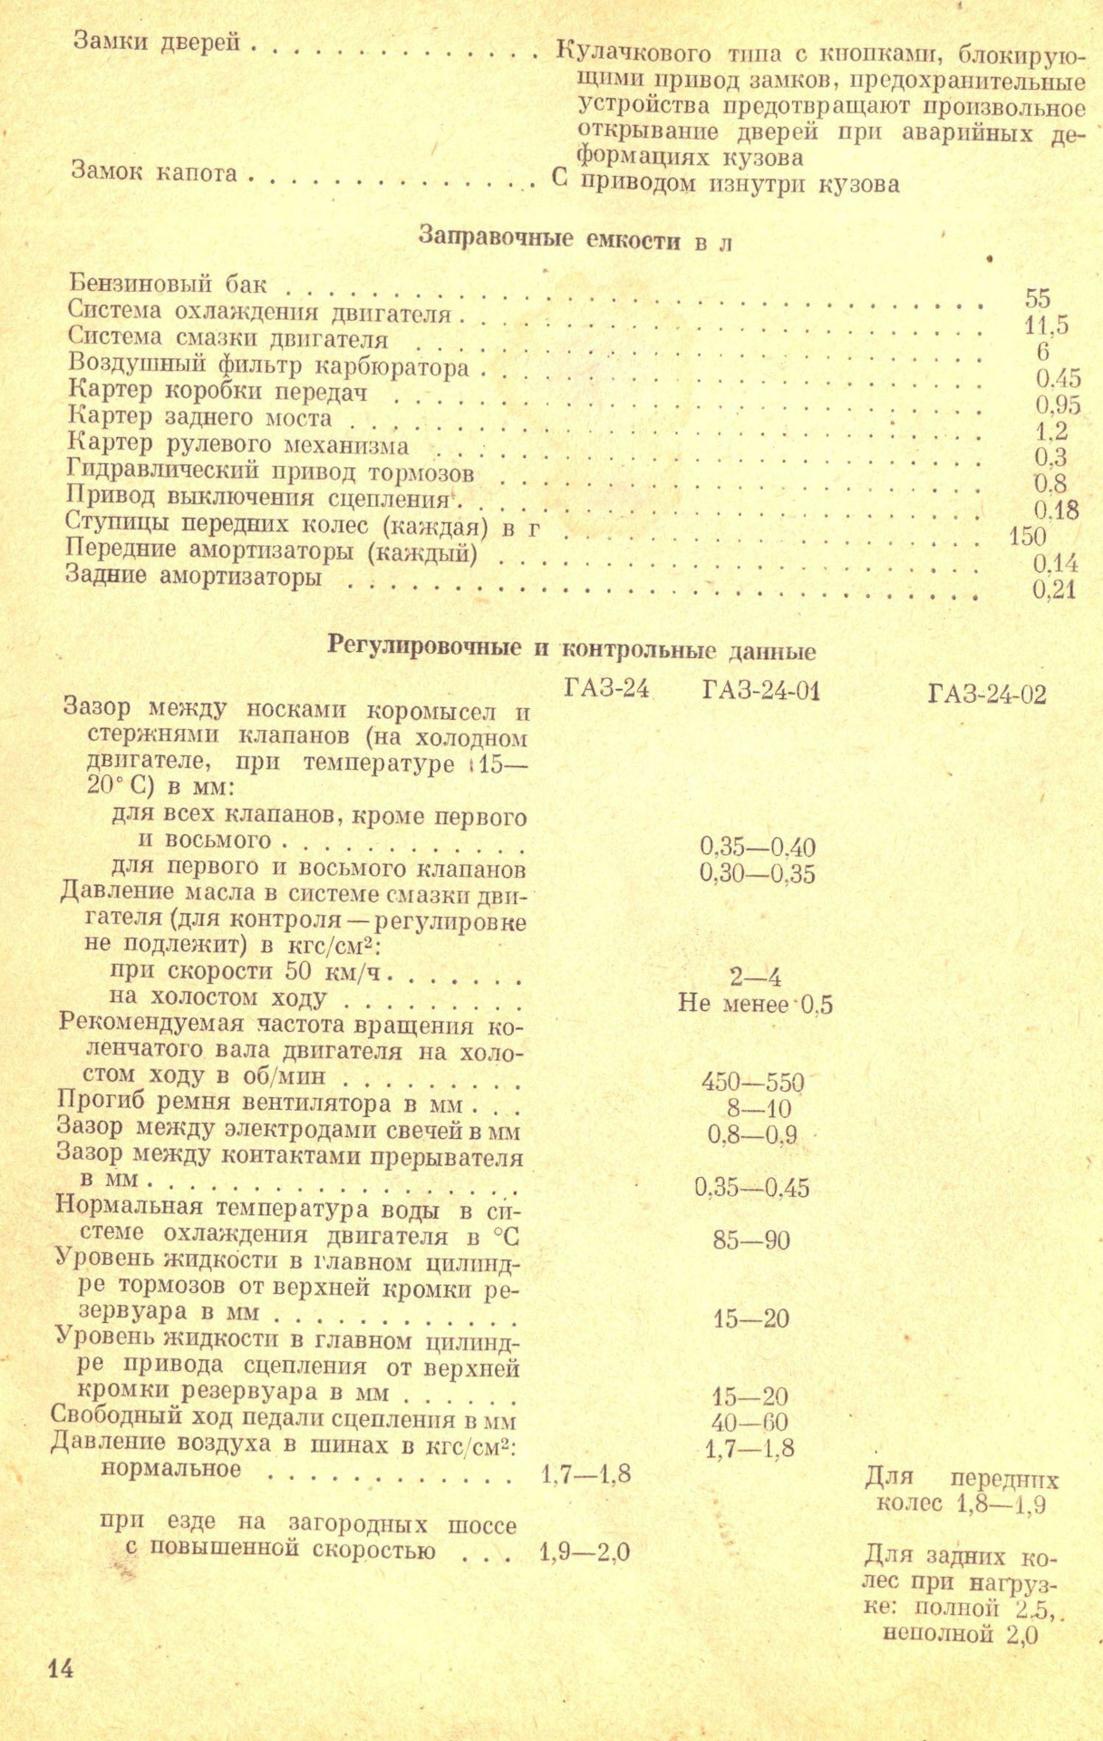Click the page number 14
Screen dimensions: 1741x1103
click(x=61, y=1668)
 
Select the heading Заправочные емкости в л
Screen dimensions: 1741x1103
click(x=575, y=239)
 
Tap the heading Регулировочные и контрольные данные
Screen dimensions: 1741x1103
click(x=571, y=649)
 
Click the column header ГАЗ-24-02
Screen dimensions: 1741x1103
click(x=987, y=695)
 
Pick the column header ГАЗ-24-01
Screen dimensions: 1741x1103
click(x=760, y=692)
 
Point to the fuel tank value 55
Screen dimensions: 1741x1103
click(x=1038, y=297)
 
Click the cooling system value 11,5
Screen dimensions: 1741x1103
click(x=1046, y=324)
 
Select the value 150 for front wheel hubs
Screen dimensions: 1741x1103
click(x=1027, y=536)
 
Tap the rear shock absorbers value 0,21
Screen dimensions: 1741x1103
click(x=1054, y=591)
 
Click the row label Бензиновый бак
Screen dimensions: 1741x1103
click(x=168, y=284)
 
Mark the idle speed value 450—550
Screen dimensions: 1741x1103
click(x=752, y=1082)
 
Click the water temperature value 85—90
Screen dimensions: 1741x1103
click(x=751, y=1240)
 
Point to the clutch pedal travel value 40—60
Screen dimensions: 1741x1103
click(x=750, y=1423)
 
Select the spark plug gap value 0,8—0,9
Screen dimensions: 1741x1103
click(x=752, y=1135)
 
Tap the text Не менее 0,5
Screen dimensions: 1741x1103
click(x=755, y=1004)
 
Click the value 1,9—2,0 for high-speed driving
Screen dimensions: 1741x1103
click(x=585, y=1553)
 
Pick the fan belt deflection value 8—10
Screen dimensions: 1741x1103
click(x=758, y=1109)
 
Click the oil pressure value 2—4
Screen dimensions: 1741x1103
click(x=755, y=977)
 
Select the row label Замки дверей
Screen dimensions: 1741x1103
click(x=156, y=42)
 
